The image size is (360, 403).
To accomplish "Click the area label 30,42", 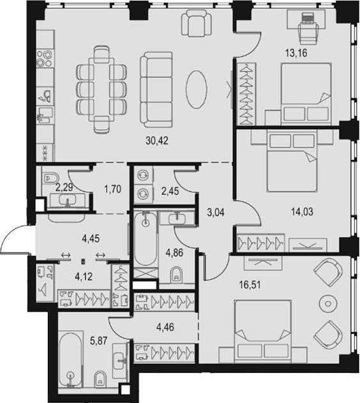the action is [157, 141].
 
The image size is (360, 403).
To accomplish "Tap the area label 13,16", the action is [296, 53].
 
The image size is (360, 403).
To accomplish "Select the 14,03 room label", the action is [302, 212].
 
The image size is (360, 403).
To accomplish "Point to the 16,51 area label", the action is [250, 285].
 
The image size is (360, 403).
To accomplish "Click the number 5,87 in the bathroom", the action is [98, 340].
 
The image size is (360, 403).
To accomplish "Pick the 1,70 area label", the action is [112, 189].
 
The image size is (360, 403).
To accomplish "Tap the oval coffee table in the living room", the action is [197, 89].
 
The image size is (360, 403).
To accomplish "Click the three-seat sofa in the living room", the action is [156, 89].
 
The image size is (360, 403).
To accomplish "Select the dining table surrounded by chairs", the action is [101, 89].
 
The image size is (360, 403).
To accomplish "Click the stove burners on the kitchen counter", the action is [45, 58].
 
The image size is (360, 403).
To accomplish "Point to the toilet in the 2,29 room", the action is [50, 178].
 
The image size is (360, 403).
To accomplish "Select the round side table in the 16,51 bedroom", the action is [327, 303].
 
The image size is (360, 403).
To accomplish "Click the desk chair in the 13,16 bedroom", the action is [308, 31].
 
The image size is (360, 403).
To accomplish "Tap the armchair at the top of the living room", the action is [197, 23].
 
